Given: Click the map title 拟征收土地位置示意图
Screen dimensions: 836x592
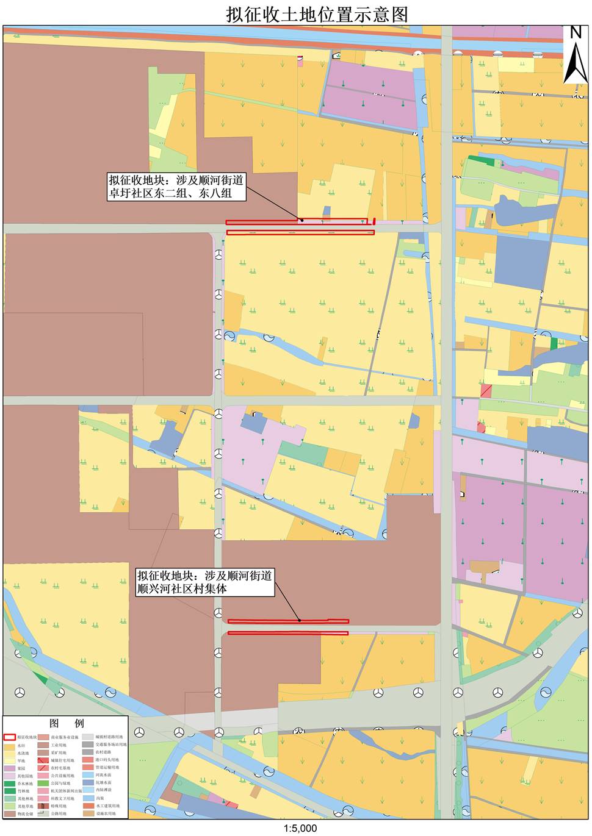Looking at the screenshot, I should click(x=316, y=14).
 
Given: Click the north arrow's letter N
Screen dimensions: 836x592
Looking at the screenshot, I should click(x=576, y=33).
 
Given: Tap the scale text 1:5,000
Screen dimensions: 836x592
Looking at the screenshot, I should click(x=300, y=828).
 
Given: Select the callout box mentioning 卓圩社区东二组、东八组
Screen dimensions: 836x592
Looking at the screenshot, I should click(x=176, y=187).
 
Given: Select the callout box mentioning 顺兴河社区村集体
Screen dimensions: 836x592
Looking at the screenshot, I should click(x=204, y=582).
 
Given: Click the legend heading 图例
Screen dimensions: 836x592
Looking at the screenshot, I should click(x=67, y=723).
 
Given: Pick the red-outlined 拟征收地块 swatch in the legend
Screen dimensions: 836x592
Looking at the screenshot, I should click(x=10, y=737).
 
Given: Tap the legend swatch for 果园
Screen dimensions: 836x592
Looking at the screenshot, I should click(x=10, y=768).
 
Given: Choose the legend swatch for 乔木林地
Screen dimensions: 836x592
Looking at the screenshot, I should click(x=10, y=784).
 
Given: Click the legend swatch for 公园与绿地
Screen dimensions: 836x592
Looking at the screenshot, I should click(x=43, y=784).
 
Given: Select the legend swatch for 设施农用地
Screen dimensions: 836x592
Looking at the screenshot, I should click(x=88, y=813).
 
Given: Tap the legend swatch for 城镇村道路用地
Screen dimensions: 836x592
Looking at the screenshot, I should click(x=88, y=737).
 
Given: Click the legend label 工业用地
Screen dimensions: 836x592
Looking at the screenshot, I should click(x=59, y=745).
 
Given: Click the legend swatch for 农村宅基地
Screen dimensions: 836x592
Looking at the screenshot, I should click(x=43, y=768).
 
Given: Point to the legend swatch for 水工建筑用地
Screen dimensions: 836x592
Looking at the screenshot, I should click(x=88, y=806).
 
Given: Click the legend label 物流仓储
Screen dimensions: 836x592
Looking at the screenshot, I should click(x=25, y=813).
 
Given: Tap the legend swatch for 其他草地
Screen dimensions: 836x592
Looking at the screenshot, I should click(x=10, y=806).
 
